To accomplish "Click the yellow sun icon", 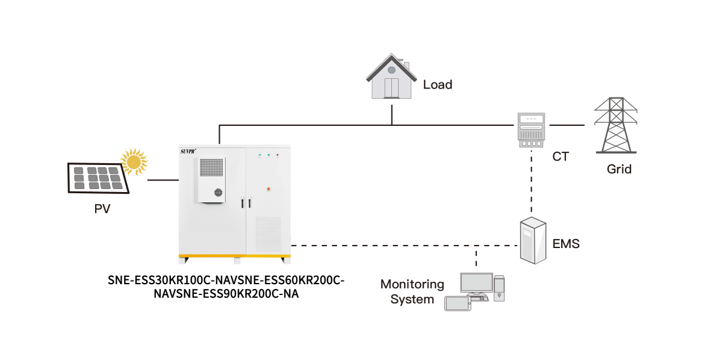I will click(x=134, y=162).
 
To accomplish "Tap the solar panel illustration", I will click(x=98, y=178).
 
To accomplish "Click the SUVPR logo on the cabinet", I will click(x=189, y=152).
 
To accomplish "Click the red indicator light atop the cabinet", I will click(x=278, y=155).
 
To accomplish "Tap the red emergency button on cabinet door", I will click(x=268, y=189).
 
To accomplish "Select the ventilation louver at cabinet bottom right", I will click(x=268, y=234).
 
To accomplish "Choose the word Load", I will click(x=438, y=85).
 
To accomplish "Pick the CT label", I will click(x=560, y=157).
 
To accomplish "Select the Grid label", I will click(x=619, y=169).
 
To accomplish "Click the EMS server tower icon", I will click(x=533, y=240).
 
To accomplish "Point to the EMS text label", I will click(x=566, y=244).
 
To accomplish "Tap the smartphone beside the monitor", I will click(x=458, y=303).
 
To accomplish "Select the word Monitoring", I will click(x=412, y=284).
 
